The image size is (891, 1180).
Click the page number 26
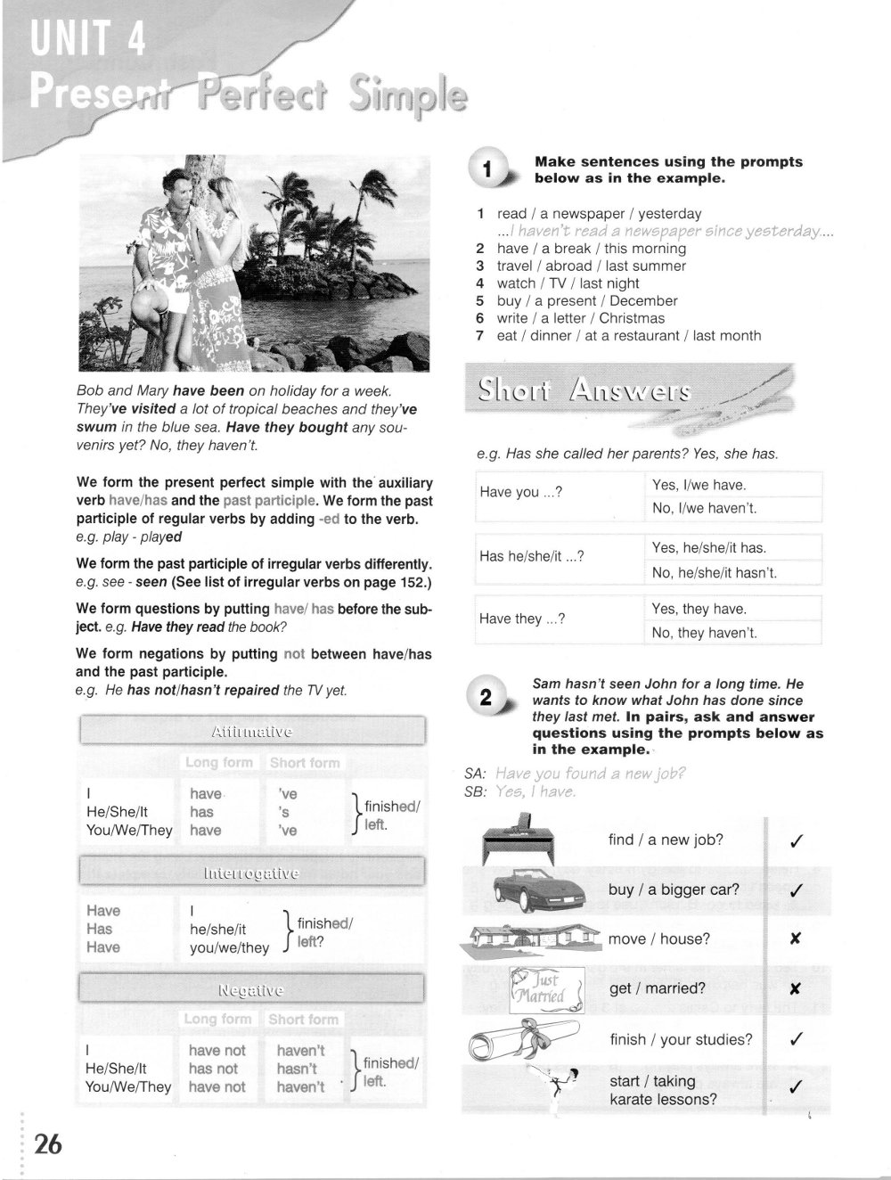click(47, 1143)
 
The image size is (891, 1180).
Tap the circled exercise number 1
click(486, 169)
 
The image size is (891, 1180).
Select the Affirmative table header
click(252, 732)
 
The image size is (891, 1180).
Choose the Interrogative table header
click(252, 873)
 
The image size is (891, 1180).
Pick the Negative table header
click(252, 989)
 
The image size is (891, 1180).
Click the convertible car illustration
click(539, 888)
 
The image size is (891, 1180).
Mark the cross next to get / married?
click(796, 988)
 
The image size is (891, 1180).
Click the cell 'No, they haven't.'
click(704, 633)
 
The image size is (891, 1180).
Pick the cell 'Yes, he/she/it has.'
click(708, 548)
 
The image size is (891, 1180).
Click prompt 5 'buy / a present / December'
click(586, 300)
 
